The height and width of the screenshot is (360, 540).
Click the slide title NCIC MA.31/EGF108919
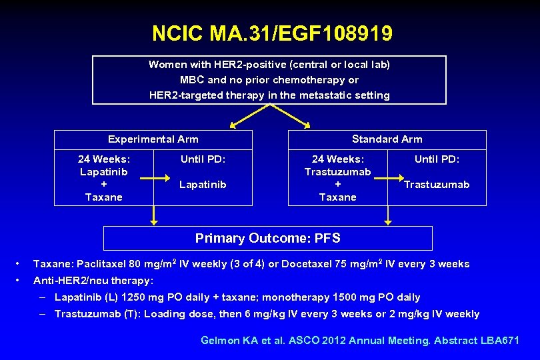click(272, 33)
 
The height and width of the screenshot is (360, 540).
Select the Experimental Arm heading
click(153, 139)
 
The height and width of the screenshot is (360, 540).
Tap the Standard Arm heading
click(387, 139)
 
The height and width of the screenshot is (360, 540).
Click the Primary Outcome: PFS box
click(267, 238)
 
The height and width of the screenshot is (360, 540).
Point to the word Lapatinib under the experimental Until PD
click(203, 185)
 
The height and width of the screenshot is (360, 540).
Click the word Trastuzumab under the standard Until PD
click(437, 185)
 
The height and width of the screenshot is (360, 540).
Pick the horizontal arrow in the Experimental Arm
click(155, 179)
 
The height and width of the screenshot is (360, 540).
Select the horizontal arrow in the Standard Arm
click(389, 179)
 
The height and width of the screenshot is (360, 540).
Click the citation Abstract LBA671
click(477, 341)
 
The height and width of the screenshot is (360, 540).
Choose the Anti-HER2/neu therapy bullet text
click(93, 281)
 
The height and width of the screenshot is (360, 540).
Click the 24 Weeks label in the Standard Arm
click(338, 159)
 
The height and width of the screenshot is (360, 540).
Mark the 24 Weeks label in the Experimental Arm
click(104, 159)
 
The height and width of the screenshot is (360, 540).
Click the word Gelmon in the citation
click(221, 341)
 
